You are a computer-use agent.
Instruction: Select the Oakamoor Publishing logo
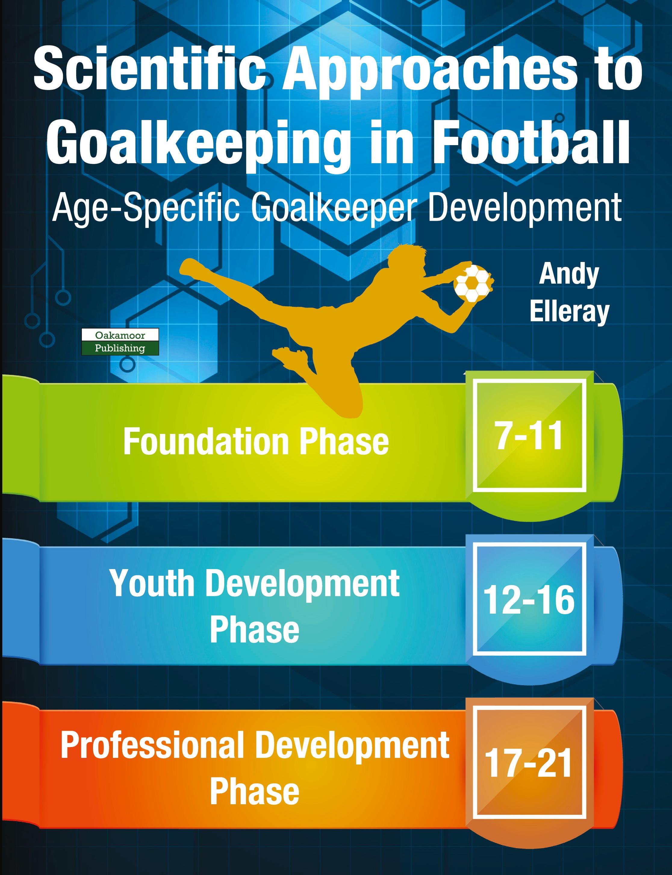pyautogui.click(x=120, y=342)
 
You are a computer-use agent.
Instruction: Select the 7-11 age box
pyautogui.click(x=529, y=436)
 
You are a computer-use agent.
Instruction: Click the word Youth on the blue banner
pyautogui.click(x=152, y=584)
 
